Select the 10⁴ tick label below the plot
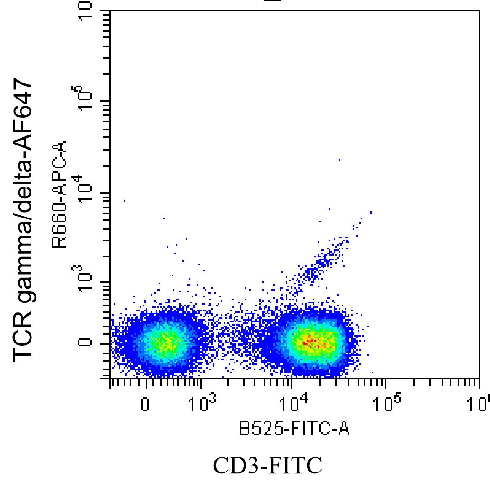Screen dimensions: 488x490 point(292,402)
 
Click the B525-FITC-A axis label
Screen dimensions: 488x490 point(294,429)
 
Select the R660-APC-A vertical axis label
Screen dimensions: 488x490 point(60,194)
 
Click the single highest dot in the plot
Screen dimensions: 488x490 point(339,160)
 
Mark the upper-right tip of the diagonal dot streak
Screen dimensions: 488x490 point(371,212)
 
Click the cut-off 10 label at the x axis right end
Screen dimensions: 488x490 point(482,403)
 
